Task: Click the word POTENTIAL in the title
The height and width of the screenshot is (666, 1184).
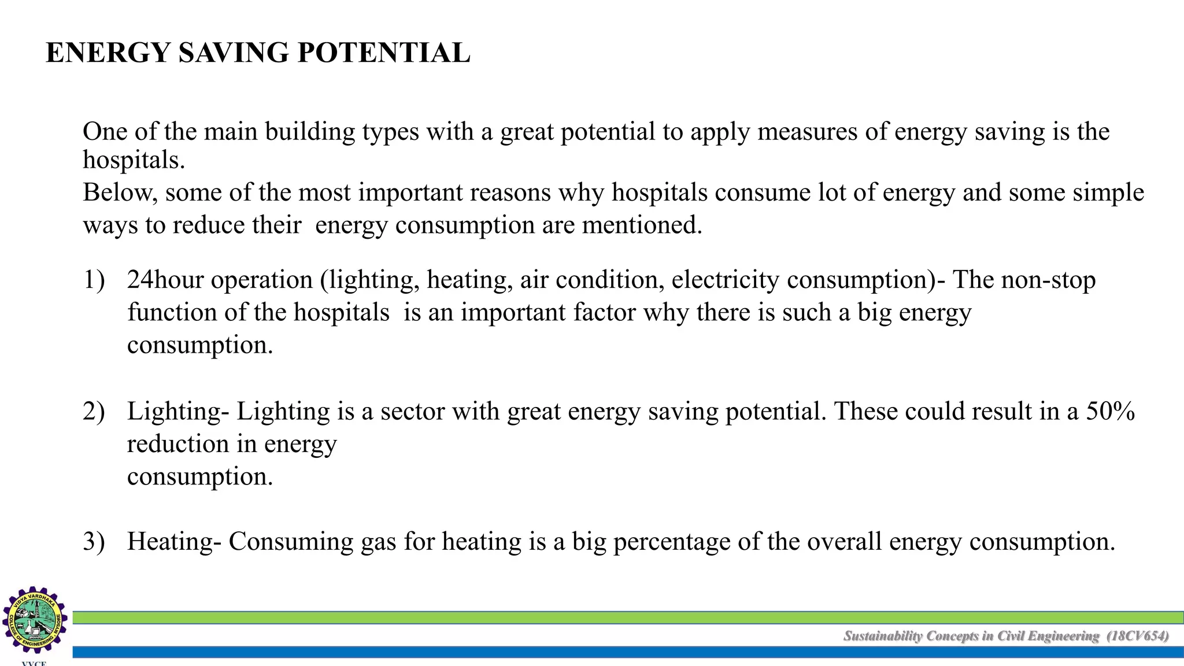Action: click(384, 53)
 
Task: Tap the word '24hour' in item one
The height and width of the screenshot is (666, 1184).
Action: click(165, 280)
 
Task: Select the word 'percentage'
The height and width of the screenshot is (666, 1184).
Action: click(671, 542)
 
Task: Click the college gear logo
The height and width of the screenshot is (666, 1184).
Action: click(35, 619)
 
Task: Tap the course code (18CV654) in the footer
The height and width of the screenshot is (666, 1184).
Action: click(1137, 636)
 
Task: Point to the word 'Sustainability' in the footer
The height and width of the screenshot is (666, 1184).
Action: click(882, 636)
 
